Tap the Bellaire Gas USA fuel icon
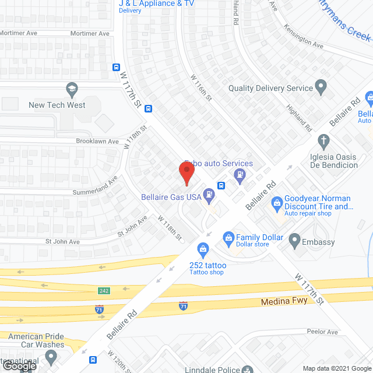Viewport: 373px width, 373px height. tap(208, 193)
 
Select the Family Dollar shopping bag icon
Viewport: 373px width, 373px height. tap(228, 238)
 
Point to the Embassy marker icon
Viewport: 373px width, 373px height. tap(294, 240)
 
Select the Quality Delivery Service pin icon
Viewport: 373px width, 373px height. tap(320, 88)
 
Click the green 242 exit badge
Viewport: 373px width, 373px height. tap(103, 290)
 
